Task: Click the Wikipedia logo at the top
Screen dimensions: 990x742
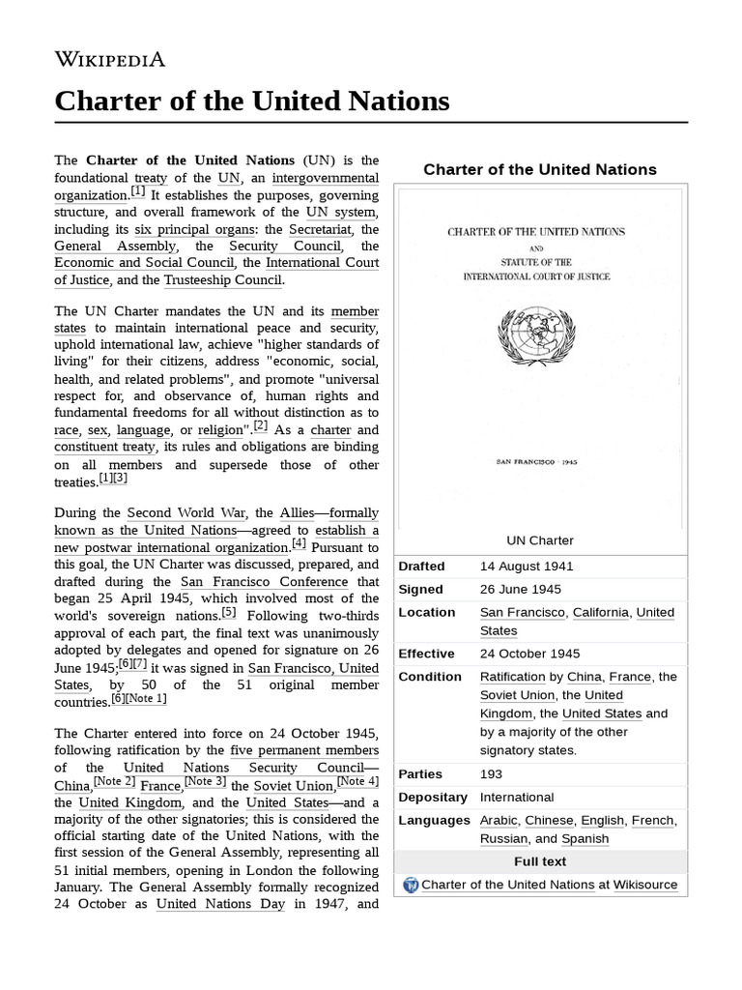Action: tap(110, 59)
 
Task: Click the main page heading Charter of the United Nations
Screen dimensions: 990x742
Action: tap(252, 101)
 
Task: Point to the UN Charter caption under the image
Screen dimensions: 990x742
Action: tap(540, 540)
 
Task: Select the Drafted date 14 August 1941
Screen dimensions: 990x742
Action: tap(527, 567)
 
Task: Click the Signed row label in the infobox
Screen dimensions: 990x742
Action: tap(421, 590)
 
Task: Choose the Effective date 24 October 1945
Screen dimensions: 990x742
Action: tap(529, 654)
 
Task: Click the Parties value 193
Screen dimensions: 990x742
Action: tap(492, 774)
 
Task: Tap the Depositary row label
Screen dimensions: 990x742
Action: tap(433, 798)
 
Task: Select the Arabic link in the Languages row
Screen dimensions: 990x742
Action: tap(499, 821)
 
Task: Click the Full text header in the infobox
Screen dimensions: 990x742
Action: tap(540, 861)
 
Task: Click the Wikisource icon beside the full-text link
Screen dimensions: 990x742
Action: tap(411, 885)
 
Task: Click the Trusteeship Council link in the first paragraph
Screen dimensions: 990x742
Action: tap(223, 280)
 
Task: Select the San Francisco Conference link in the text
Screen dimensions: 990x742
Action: tap(264, 582)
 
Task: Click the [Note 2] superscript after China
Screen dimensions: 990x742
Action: tap(114, 782)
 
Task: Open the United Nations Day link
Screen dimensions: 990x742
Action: tap(221, 905)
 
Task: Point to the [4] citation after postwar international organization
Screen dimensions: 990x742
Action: tap(299, 544)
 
